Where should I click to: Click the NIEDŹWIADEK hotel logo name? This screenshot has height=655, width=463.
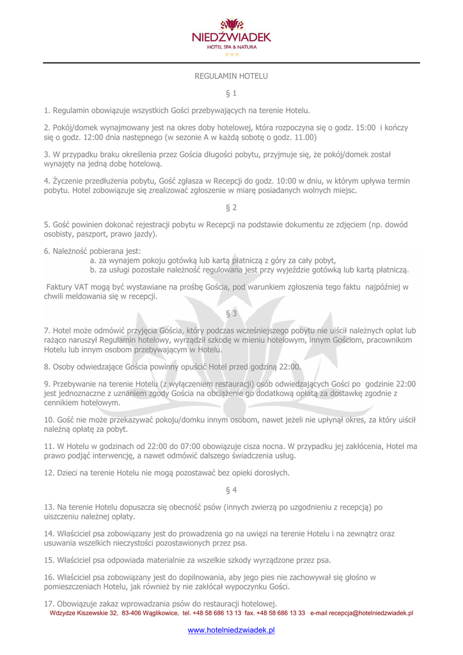coord(231,38)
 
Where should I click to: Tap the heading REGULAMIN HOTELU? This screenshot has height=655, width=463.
coord(231,76)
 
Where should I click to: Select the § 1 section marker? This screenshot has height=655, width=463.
coord(231,93)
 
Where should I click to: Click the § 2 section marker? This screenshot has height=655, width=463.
coord(231,207)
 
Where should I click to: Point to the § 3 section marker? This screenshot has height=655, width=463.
coord(231,313)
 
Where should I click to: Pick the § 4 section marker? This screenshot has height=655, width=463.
coord(231,490)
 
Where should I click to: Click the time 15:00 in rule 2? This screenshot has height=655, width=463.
coord(364,127)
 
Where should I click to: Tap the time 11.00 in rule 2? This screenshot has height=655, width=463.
coord(304,137)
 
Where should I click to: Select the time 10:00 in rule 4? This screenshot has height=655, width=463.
coord(286,181)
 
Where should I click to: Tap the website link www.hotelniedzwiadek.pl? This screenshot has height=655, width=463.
coord(231,630)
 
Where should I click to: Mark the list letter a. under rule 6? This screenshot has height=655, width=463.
coord(93,260)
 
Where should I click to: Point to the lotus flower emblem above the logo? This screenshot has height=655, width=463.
coord(231,24)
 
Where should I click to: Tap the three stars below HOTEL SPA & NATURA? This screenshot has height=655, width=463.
coord(231,55)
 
